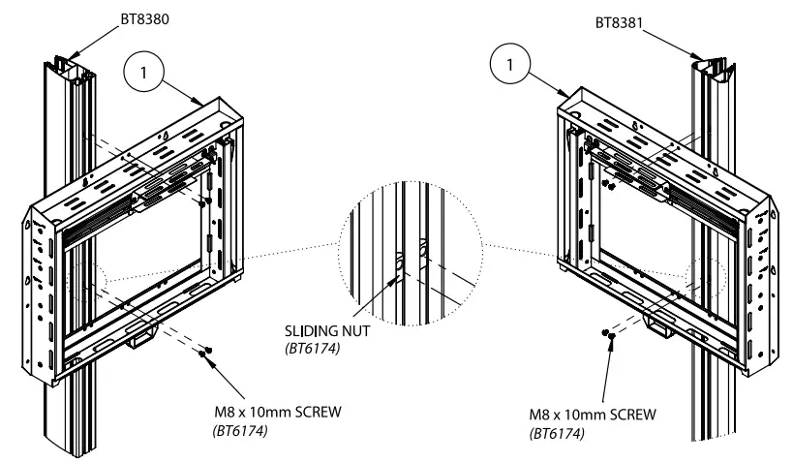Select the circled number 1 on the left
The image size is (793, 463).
point(143,73)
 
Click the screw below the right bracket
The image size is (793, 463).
point(608,335)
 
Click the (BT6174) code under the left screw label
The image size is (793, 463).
point(238,428)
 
